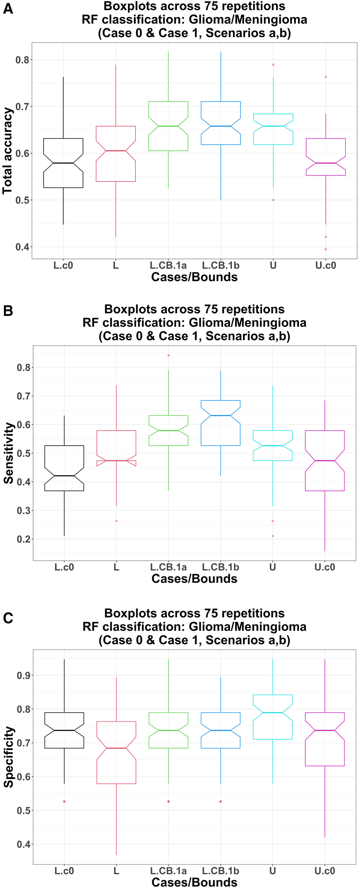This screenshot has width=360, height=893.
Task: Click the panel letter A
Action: tap(8, 9)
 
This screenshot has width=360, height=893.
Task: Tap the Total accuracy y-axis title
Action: tap(7, 151)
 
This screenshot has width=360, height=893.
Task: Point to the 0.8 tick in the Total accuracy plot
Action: tap(22, 60)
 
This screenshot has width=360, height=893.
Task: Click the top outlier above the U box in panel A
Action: tap(273, 65)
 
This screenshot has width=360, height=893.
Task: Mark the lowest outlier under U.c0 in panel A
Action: tap(326, 249)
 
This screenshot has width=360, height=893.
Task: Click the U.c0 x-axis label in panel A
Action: tap(326, 265)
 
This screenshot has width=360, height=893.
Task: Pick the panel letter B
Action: tap(8, 311)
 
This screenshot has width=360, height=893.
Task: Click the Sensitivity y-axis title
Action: tap(8, 453)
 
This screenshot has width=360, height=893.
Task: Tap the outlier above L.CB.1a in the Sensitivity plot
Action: tap(169, 355)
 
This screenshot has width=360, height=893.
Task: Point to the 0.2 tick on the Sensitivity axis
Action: tap(24, 539)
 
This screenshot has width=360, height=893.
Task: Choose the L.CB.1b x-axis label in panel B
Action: tap(221, 567)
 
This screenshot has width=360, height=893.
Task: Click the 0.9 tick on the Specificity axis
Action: tap(24, 675)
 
